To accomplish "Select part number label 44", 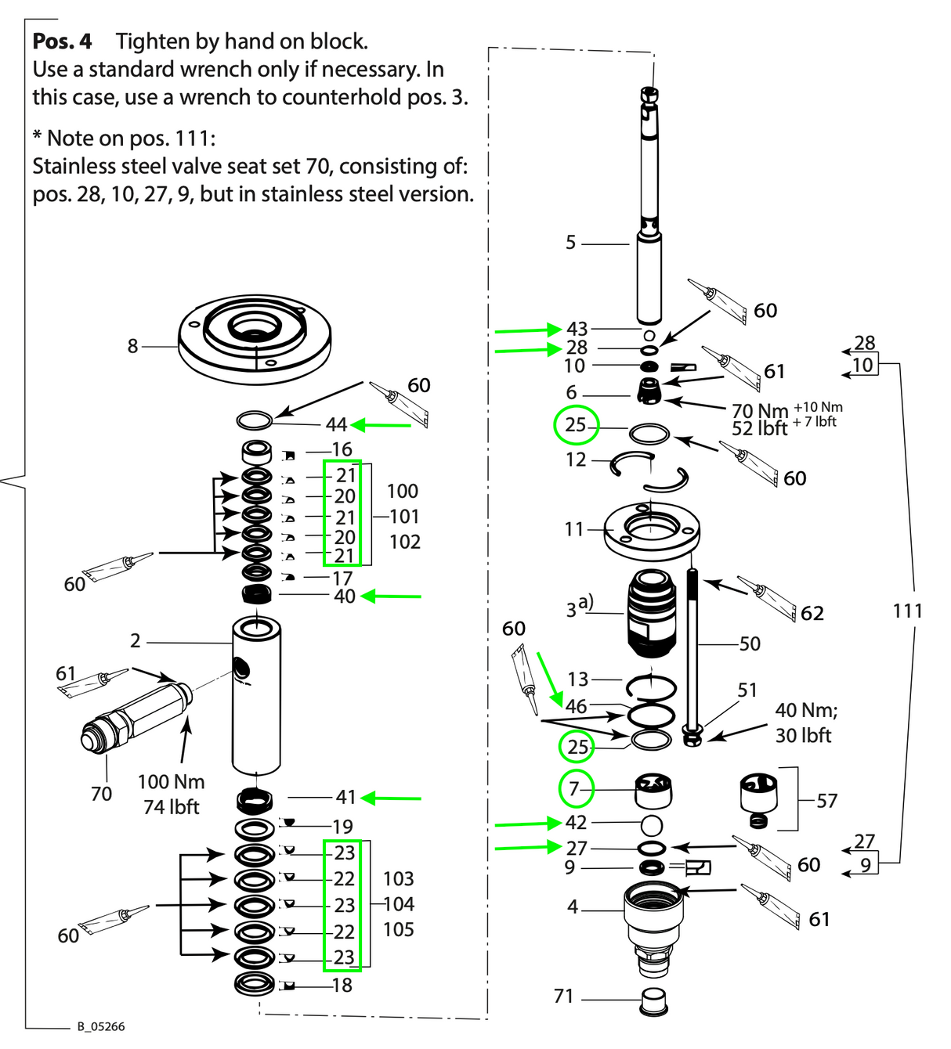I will click(336, 424).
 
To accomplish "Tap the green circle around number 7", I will click(576, 788).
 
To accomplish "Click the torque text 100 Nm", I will click(171, 782).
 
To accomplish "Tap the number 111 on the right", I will click(907, 611).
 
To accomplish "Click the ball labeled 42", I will click(652, 824).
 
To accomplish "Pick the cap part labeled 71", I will click(654, 1000).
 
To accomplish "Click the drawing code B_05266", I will click(100, 1026).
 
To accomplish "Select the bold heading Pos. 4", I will click(62, 41).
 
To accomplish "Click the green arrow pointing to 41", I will click(391, 798).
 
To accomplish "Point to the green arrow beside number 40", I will click(391, 597).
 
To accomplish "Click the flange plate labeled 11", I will click(652, 531).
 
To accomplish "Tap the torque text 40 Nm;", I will click(806, 710).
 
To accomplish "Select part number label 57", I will click(826, 800).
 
